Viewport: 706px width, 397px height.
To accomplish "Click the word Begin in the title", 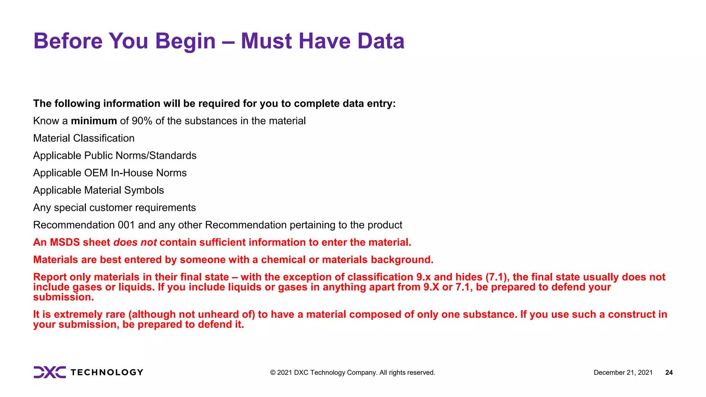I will (185, 41).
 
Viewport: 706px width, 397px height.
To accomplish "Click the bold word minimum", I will (94, 121).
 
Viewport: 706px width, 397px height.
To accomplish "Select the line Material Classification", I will (84, 138).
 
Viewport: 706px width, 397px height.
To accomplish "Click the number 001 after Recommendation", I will (126, 225).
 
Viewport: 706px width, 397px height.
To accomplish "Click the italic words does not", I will (135, 242).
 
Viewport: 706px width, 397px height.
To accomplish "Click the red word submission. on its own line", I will (63, 297).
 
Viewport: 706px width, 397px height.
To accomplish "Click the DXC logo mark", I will (50, 372).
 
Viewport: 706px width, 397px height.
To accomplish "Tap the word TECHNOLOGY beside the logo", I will (107, 373).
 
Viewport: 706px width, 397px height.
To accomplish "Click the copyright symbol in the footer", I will (273, 373).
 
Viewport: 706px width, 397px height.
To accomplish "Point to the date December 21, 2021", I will (623, 373).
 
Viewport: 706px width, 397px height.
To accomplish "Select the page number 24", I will (669, 373).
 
